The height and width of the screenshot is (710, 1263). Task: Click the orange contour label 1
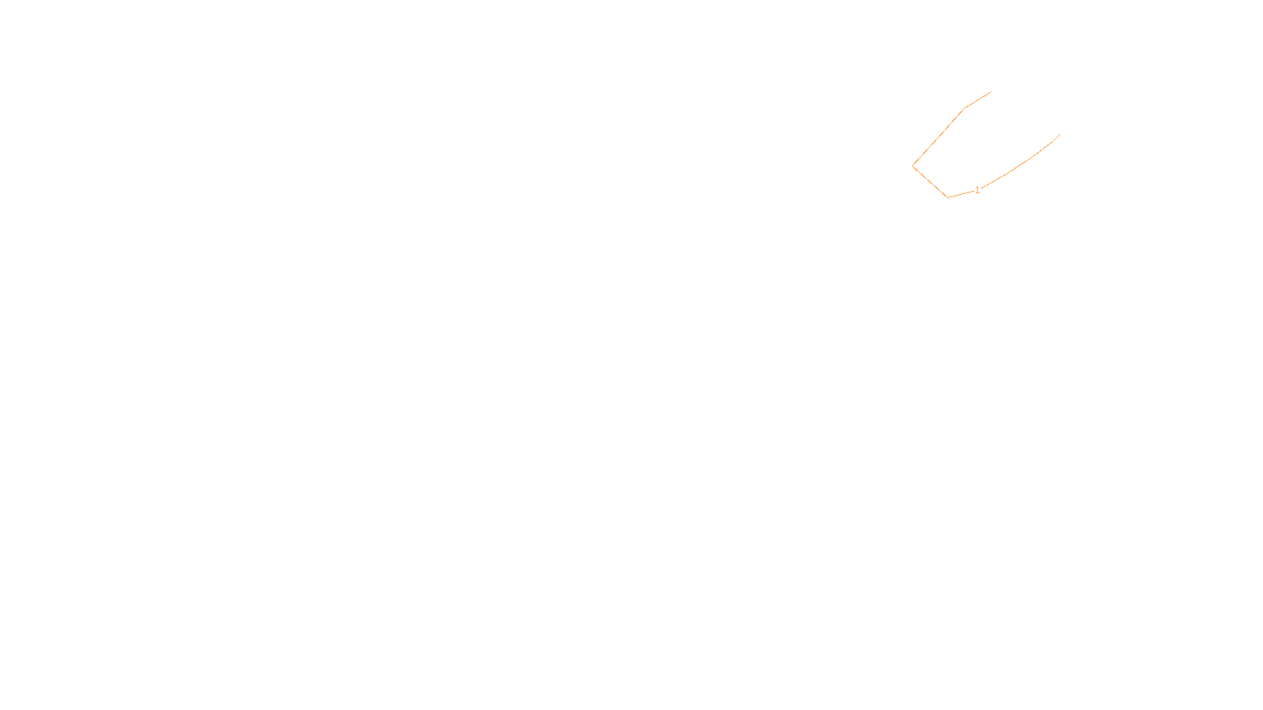pyautogui.click(x=977, y=190)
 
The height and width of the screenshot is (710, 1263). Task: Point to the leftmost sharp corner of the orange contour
pyautogui.click(x=913, y=166)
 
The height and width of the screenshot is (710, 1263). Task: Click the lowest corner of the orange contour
pyautogui.click(x=947, y=197)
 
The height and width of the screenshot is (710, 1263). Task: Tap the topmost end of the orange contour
pyautogui.click(x=991, y=92)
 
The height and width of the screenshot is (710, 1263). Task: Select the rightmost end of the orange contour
pyautogui.click(x=1059, y=135)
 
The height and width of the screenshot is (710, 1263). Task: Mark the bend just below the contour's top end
pyautogui.click(x=965, y=108)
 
